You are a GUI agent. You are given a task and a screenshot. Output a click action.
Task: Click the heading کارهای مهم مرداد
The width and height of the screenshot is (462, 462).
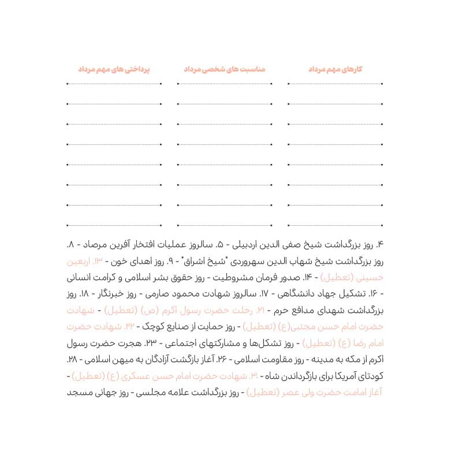point(335,69)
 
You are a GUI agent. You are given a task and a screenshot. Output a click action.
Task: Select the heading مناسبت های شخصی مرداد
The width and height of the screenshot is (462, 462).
point(224,69)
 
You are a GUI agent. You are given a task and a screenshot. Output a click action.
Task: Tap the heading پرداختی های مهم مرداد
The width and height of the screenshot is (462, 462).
point(114,69)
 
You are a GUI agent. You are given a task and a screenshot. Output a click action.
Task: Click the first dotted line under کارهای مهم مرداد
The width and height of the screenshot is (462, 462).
point(335,84)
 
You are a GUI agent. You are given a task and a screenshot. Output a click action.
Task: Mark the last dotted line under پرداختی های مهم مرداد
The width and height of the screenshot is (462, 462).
point(114,223)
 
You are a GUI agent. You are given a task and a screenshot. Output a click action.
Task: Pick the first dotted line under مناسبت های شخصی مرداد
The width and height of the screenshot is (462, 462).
point(224,84)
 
